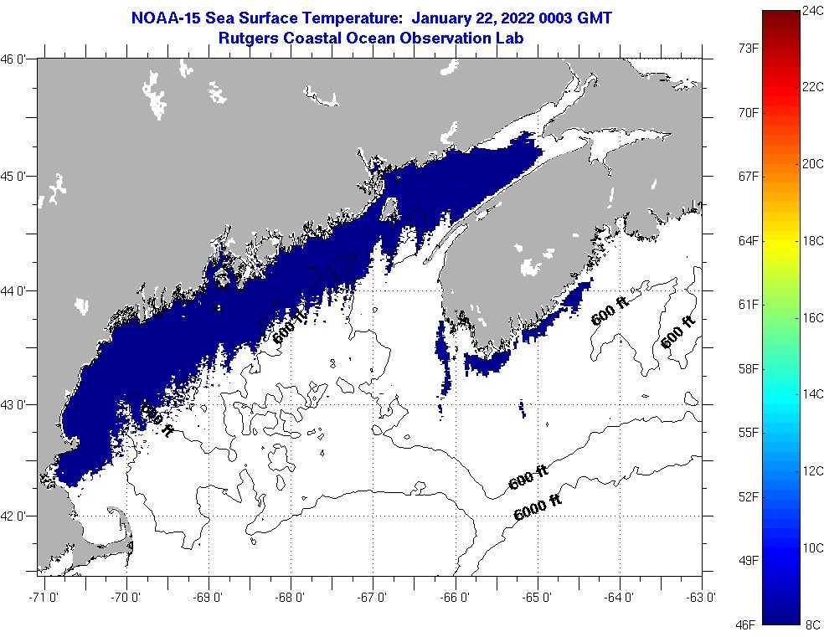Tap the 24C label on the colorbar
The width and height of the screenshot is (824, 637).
[812, 10]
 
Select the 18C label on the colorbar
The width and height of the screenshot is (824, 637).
[812, 241]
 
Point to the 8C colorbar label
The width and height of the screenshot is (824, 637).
[812, 624]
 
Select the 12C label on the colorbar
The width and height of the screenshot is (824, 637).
[812, 471]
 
